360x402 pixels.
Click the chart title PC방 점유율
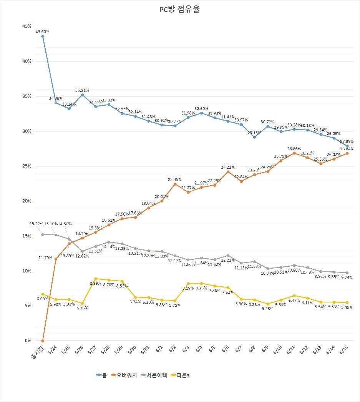pyautogui.click(x=179, y=10)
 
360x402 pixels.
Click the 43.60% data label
pyautogui.click(x=43, y=31)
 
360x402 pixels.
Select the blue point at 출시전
pyautogui.click(x=43, y=36)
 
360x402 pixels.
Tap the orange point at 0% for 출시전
pyautogui.click(x=43, y=341)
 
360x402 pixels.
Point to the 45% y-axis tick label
pyautogui.click(x=27, y=26)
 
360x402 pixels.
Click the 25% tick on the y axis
pyautogui.click(x=27, y=166)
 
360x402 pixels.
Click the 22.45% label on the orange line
pyautogui.click(x=175, y=179)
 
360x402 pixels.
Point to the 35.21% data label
pyautogui.click(x=82, y=90)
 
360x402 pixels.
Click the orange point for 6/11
pyautogui.click(x=294, y=153)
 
